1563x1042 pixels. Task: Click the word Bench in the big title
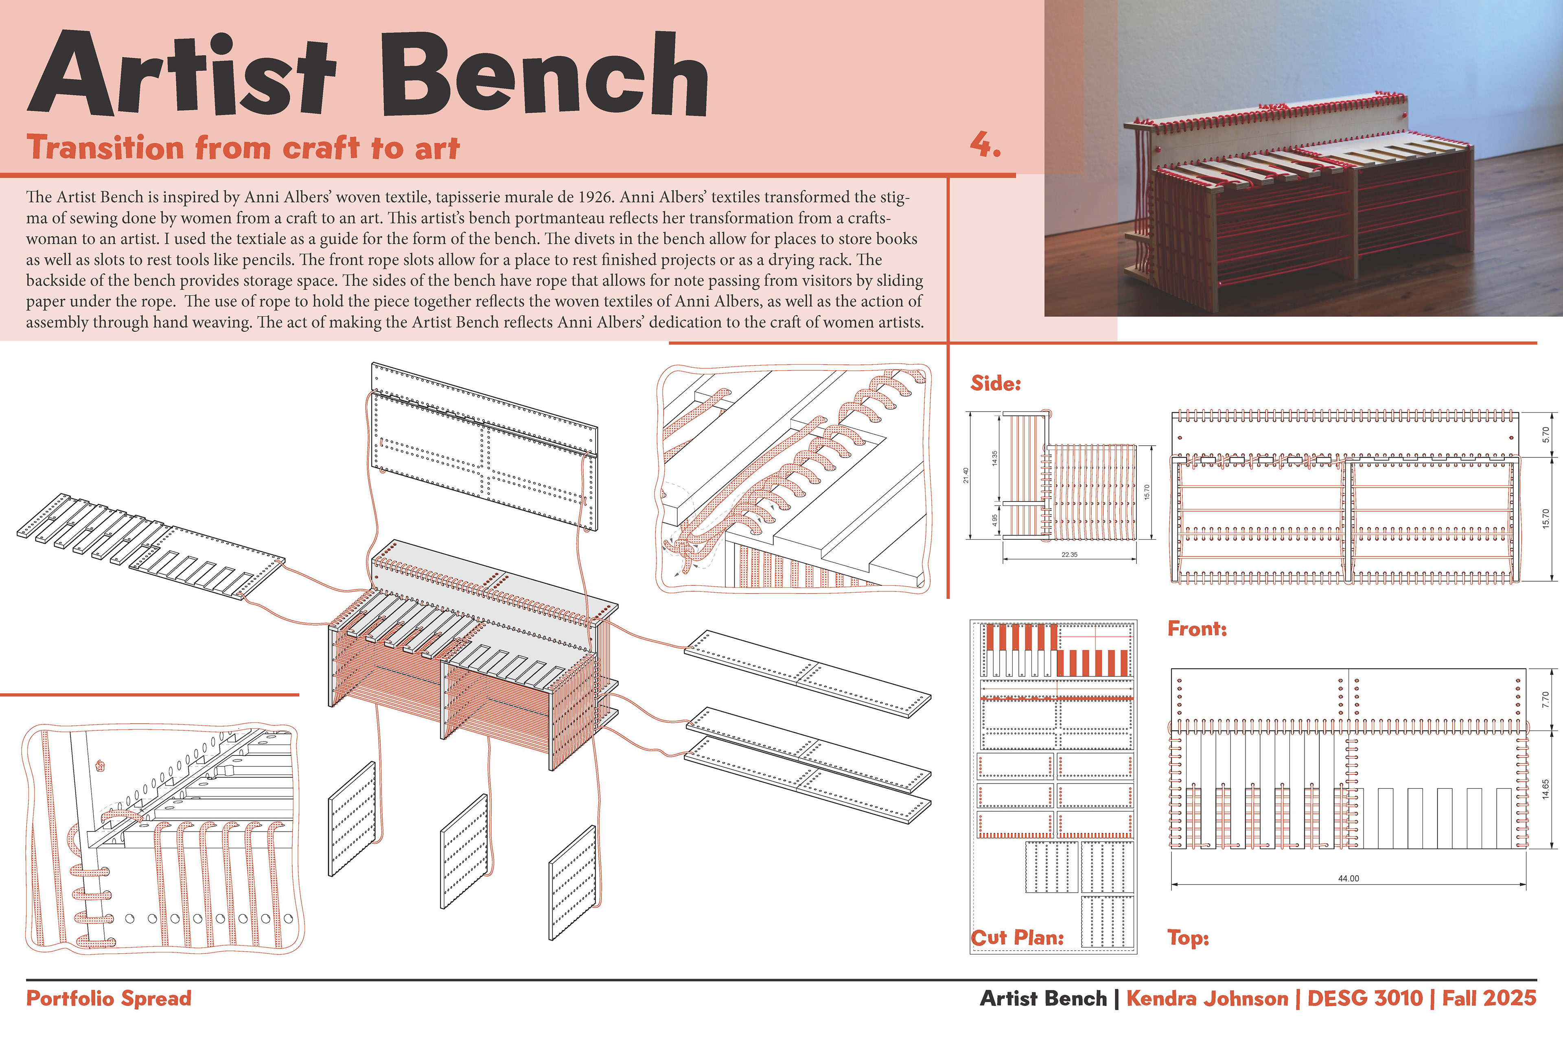tap(544, 77)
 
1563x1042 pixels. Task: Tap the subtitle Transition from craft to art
tap(243, 147)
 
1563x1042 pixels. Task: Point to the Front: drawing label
tap(1197, 628)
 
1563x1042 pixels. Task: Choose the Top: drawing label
tap(1188, 938)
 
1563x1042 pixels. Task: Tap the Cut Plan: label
tap(1017, 938)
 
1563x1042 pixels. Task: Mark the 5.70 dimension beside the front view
tap(1546, 435)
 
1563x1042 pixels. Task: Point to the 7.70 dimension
tap(1546, 700)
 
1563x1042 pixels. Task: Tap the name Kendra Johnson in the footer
tap(1207, 998)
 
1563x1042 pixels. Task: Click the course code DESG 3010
tap(1365, 998)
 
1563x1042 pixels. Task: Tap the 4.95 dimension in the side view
tap(995, 520)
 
